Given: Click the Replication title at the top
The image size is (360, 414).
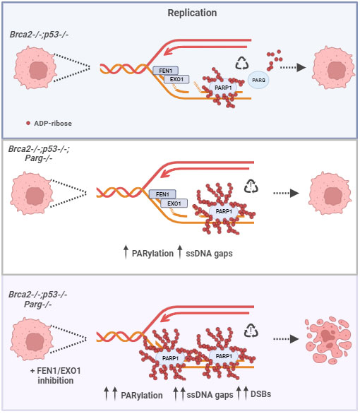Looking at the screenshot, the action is click(192, 13).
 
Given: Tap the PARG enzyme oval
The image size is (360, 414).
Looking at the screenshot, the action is click(258, 80).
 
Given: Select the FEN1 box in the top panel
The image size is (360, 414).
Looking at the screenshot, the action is click(166, 71).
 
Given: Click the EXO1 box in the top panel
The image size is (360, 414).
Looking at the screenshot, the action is click(176, 79).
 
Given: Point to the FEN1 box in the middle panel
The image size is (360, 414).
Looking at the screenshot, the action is click(162, 194).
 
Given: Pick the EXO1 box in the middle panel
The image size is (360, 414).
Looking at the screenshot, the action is click(174, 203).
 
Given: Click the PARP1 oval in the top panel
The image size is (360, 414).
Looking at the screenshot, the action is click(223, 88).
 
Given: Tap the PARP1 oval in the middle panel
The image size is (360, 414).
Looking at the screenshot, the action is click(224, 211).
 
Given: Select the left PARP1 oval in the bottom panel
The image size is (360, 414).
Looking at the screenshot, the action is click(170, 358).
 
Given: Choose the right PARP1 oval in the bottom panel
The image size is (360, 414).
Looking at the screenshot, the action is click(224, 356).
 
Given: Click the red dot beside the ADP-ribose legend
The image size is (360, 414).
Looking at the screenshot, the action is click(28, 123).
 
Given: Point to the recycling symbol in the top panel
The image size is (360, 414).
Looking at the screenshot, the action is click(242, 64).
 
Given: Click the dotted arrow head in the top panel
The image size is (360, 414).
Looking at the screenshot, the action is click(301, 67).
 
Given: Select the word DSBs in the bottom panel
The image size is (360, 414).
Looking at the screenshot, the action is click(261, 394).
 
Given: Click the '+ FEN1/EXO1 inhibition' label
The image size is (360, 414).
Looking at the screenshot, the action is click(55, 375).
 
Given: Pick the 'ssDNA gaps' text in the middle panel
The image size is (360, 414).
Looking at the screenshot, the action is click(209, 254).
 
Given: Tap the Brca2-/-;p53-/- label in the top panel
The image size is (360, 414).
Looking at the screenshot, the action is click(39, 35).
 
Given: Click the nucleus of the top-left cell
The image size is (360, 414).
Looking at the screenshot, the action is click(39, 71).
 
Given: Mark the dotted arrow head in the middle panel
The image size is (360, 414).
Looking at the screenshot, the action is click(294, 193).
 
